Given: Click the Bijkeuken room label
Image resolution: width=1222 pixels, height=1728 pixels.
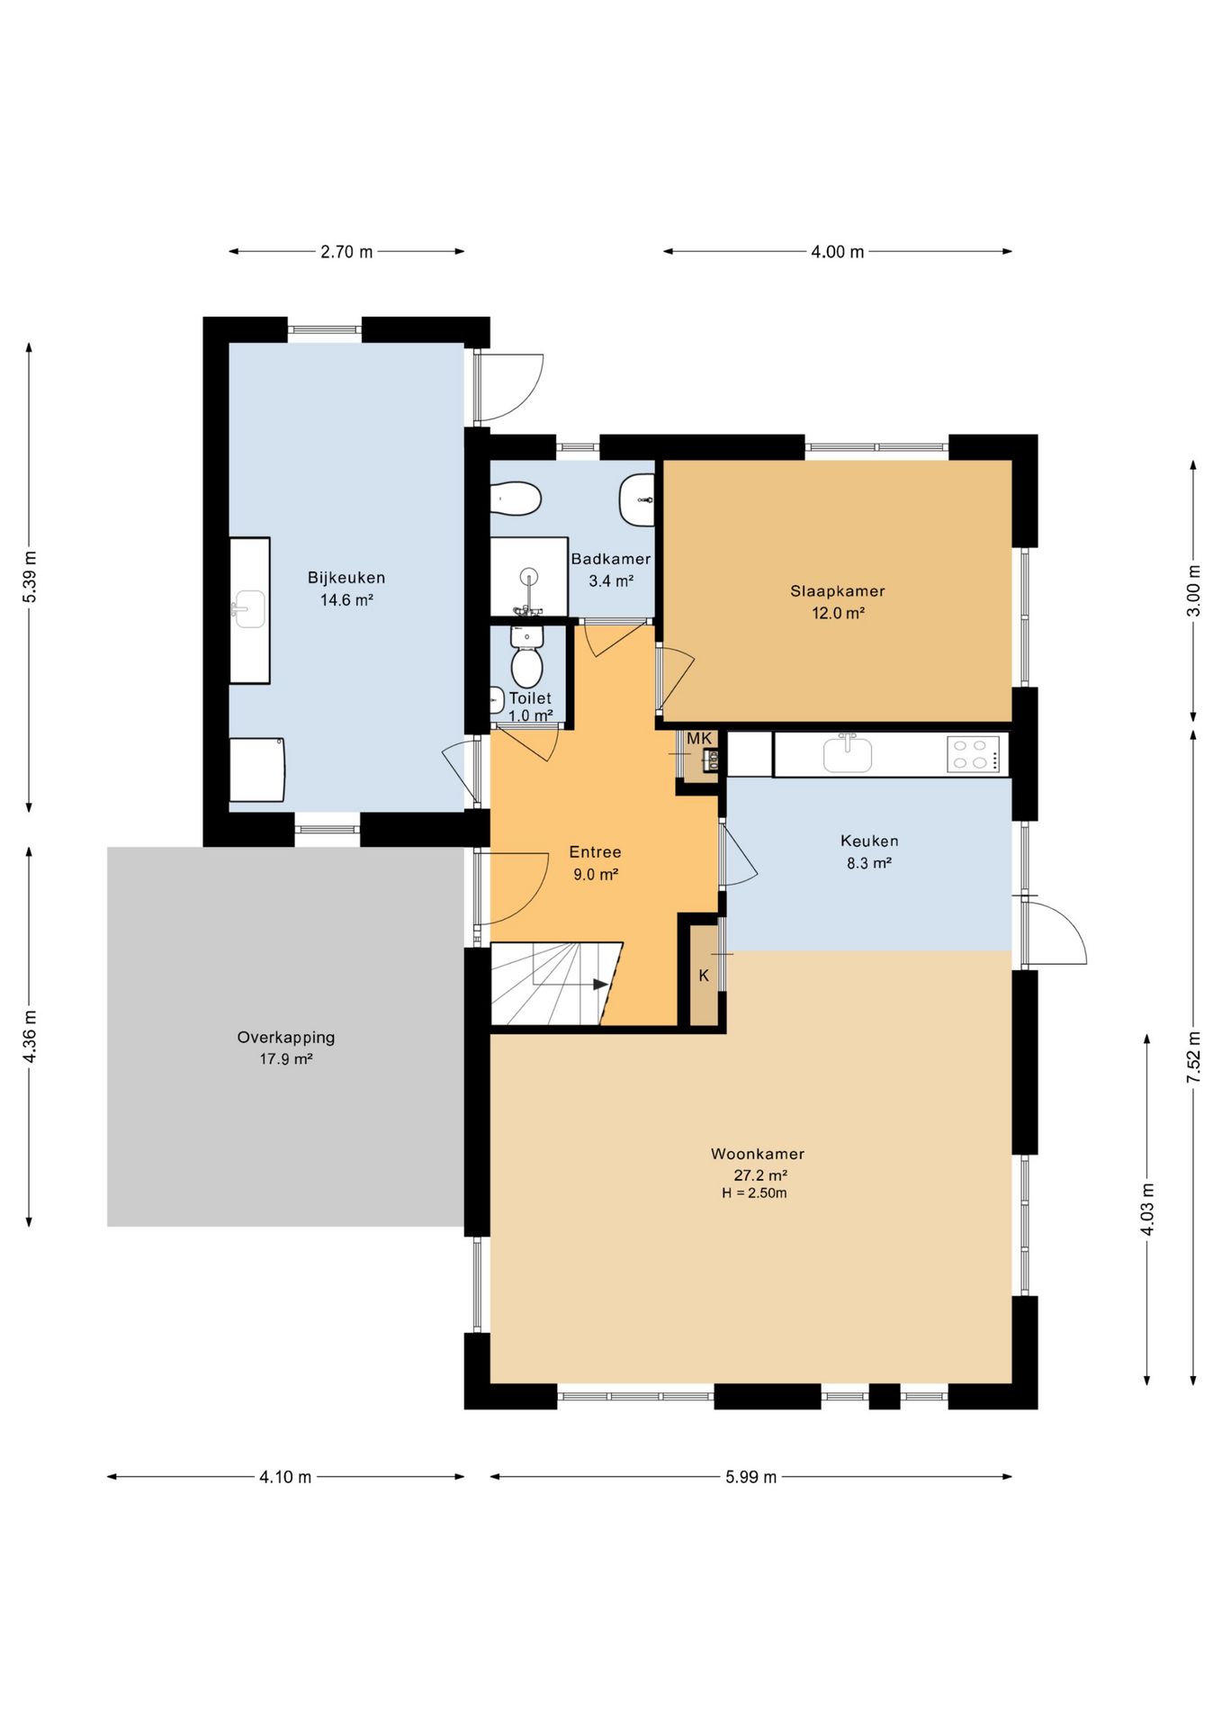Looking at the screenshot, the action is coord(346,578).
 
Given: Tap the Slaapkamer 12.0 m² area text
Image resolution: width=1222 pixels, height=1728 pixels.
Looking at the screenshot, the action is coord(838,614).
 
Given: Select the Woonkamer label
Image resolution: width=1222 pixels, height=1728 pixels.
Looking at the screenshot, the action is coord(758,1154).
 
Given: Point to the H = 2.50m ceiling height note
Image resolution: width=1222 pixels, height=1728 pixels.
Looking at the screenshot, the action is coord(754,1193).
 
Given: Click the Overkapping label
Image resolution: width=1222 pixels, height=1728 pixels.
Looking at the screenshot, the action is coord(286,1037).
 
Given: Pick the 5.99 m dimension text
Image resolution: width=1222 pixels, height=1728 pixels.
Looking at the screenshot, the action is coord(751,1477).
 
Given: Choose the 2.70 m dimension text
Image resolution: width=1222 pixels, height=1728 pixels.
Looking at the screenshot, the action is coord(346,252).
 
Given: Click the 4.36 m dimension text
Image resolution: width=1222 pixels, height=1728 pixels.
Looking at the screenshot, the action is coord(30,1037).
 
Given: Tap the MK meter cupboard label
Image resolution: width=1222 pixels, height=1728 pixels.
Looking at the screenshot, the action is coord(699,739).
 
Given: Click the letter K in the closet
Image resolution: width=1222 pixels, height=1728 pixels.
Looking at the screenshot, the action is coord(704,976).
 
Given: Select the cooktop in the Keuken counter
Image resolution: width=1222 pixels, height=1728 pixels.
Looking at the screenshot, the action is coord(974,754).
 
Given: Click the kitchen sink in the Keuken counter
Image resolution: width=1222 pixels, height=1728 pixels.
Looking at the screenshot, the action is coord(848,753).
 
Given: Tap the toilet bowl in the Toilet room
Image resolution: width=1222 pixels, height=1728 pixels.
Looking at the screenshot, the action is coord(526,667).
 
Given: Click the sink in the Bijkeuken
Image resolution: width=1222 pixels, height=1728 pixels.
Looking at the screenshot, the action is coord(248,608).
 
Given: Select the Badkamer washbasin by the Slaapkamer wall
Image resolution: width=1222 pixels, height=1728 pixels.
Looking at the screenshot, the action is coord(637,499).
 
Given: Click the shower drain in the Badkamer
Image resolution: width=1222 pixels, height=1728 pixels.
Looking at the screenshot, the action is coord(529,576).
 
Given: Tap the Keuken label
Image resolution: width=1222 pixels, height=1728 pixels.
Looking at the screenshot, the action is coord(869,841).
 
